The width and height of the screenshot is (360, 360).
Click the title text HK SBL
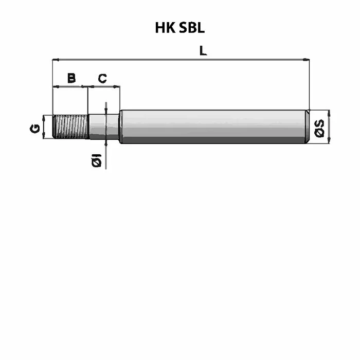point(180,28)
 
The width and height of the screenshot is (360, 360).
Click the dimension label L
point(203,50)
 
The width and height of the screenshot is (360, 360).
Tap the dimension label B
point(71,78)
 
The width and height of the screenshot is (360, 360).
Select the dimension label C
point(102,79)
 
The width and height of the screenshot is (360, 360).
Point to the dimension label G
point(35,129)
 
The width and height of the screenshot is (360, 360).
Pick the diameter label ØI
point(97,160)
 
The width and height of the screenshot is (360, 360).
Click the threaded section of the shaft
point(70,127)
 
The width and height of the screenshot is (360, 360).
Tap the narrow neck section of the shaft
point(104,127)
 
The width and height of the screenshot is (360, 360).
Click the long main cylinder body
point(213,127)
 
